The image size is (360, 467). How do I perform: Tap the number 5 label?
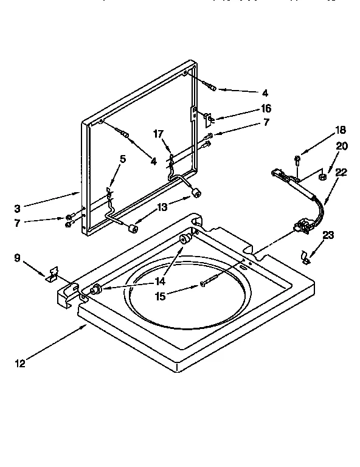coord(123,159)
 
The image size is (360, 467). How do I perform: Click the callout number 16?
coord(265,108)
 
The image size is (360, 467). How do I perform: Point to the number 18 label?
coord(340,130)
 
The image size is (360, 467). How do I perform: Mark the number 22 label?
coord(341,173)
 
